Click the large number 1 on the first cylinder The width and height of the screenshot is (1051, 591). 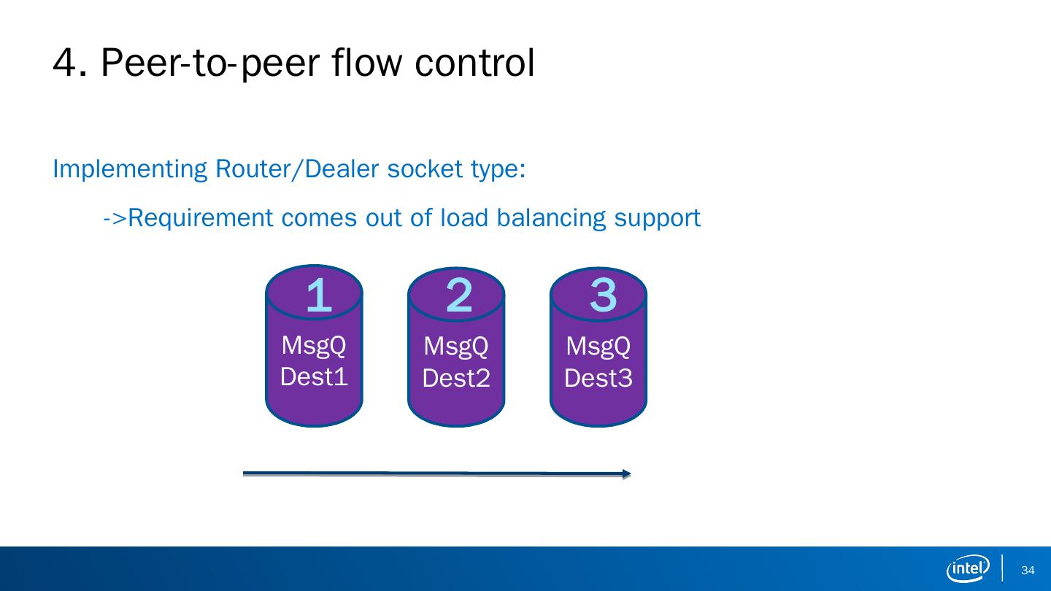(318, 296)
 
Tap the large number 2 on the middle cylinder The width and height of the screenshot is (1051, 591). (459, 295)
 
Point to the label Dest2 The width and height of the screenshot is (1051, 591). (456, 378)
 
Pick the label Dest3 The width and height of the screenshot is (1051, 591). (598, 378)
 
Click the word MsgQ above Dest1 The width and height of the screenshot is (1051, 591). (314, 345)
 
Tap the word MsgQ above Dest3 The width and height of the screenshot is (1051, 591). (598, 346)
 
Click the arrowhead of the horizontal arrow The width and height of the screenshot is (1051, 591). (626, 474)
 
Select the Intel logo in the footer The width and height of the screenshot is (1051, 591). (968, 568)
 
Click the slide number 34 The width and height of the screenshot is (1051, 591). (1028, 571)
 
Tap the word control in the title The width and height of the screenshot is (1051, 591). (474, 63)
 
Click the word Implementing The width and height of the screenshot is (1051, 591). (131, 169)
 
